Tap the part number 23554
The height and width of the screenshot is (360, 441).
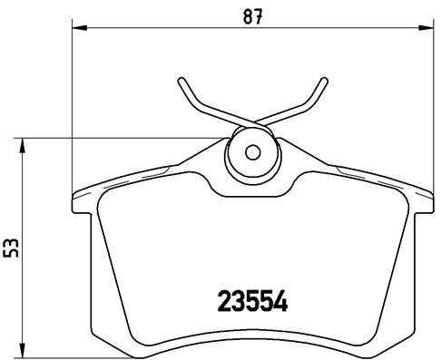(251, 300)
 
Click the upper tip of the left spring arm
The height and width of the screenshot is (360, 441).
(181, 80)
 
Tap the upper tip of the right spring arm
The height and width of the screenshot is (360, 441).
(325, 79)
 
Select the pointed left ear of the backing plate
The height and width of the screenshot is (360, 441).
(74, 199)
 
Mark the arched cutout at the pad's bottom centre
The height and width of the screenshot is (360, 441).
(252, 336)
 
